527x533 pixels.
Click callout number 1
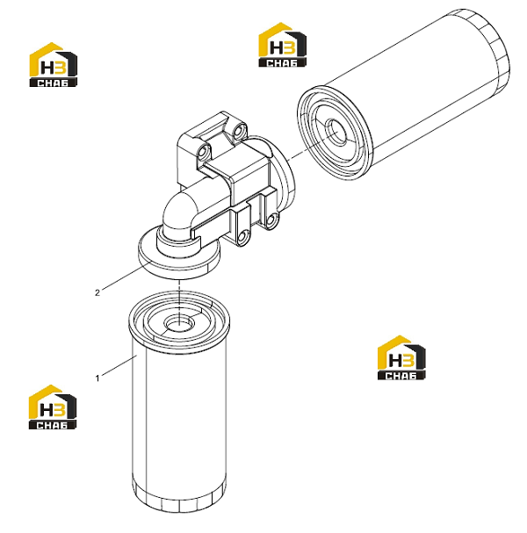[x=97, y=378]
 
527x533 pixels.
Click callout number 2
[x=97, y=292]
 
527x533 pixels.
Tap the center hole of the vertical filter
[x=179, y=322]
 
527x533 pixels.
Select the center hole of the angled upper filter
[x=336, y=132]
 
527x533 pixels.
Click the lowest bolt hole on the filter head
[x=242, y=237]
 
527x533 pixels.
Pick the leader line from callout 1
[x=119, y=365]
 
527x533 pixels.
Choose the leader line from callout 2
[x=125, y=277]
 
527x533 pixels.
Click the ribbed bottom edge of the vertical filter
[x=179, y=499]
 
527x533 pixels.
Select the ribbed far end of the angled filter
[x=495, y=51]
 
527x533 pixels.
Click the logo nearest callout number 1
[x=53, y=407]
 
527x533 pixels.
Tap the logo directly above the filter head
[x=283, y=45]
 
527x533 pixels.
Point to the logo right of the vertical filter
[x=401, y=357]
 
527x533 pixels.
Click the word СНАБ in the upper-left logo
[x=53, y=83]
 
